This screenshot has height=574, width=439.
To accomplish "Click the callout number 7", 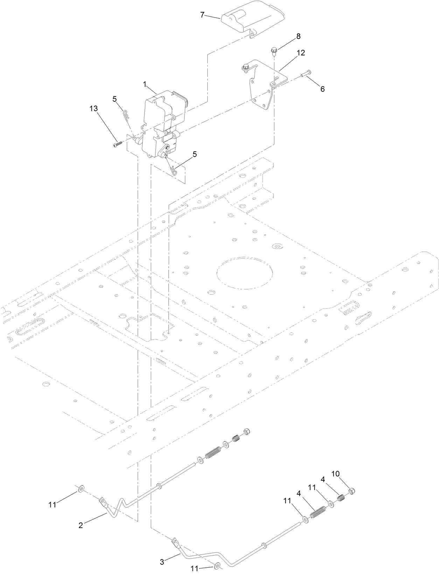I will (x=202, y=15).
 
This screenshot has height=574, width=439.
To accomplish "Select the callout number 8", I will (x=298, y=36).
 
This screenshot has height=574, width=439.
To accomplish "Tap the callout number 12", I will (x=300, y=53).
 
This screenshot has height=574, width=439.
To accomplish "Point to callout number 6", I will (x=322, y=89).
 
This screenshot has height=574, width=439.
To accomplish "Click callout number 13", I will (x=93, y=108).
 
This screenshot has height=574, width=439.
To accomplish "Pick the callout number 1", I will (x=144, y=84).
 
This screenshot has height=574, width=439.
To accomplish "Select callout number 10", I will (x=335, y=474).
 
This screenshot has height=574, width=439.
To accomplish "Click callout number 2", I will (x=81, y=525).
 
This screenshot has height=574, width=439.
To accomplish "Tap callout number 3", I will (x=162, y=552).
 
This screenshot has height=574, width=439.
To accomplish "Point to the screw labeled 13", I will (x=118, y=143).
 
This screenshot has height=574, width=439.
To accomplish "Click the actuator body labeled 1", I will (x=163, y=122).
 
